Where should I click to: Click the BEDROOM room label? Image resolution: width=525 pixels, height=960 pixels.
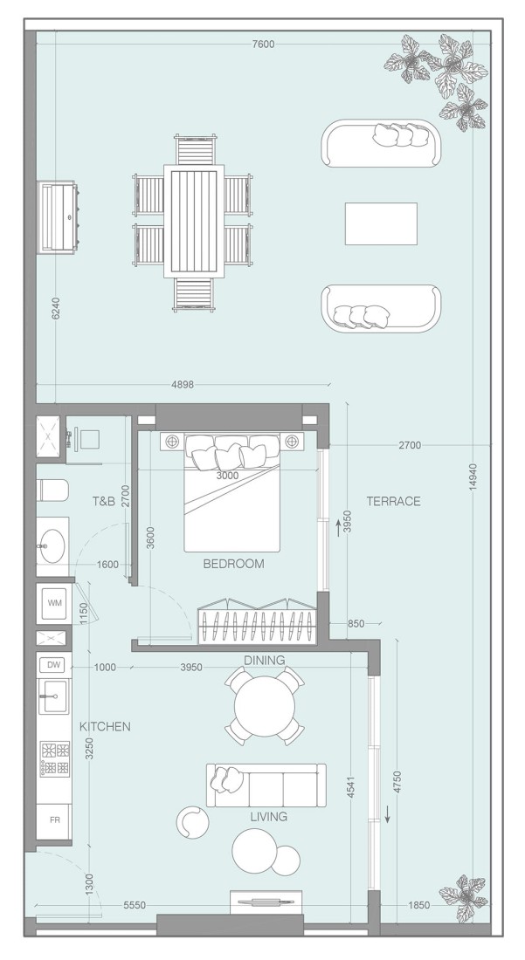click(x=233, y=564)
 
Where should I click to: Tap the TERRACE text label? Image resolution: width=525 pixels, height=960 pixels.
click(x=393, y=501)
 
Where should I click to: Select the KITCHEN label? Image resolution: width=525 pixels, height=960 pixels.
click(x=105, y=726)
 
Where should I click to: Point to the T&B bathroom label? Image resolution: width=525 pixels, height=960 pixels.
click(x=104, y=502)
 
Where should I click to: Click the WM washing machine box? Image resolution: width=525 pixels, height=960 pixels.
click(x=55, y=603)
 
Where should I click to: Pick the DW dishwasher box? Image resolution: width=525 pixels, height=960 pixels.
click(x=54, y=665)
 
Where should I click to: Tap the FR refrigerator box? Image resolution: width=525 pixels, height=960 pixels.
click(x=54, y=820)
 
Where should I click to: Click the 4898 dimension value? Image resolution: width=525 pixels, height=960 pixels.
click(x=183, y=384)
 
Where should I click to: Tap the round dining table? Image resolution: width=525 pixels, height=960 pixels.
click(x=265, y=707)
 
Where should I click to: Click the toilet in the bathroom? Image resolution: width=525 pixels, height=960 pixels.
click(x=52, y=490)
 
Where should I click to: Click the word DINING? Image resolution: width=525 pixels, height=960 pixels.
click(x=264, y=661)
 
